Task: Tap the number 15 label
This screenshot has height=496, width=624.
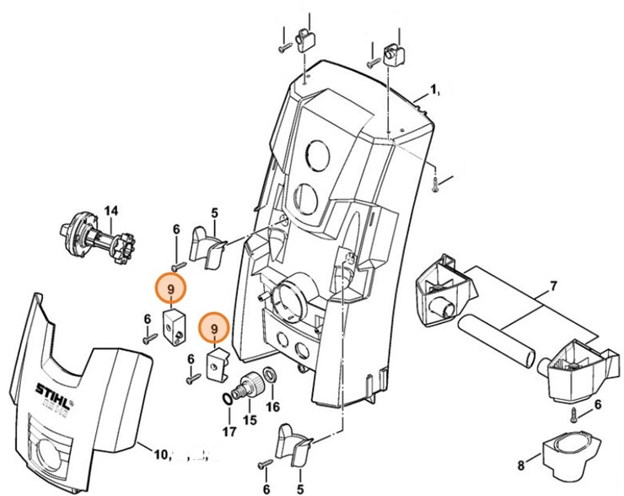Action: pos(249,419)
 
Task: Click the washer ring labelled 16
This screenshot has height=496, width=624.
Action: pos(270,375)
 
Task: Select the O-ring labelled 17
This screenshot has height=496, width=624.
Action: pos(229,397)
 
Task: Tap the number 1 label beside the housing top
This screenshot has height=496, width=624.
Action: pos(434,89)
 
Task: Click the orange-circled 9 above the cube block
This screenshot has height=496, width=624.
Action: pos(171,289)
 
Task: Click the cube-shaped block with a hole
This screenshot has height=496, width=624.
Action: pos(173,323)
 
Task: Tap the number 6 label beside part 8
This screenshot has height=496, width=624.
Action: pos(598,405)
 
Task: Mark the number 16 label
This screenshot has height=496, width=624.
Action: pos(272,407)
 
